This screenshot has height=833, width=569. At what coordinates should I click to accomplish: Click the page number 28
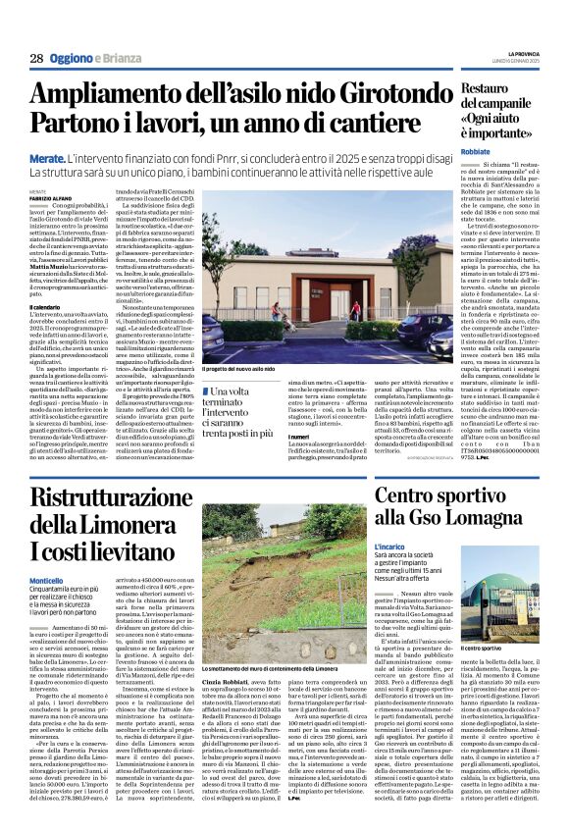point(35,58)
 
